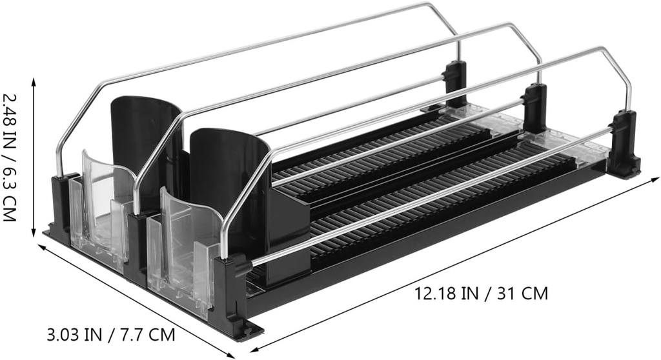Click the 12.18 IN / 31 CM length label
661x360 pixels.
481,293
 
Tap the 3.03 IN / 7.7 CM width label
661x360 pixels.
110,335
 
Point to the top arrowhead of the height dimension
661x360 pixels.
34,81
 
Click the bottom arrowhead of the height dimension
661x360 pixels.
34,235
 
